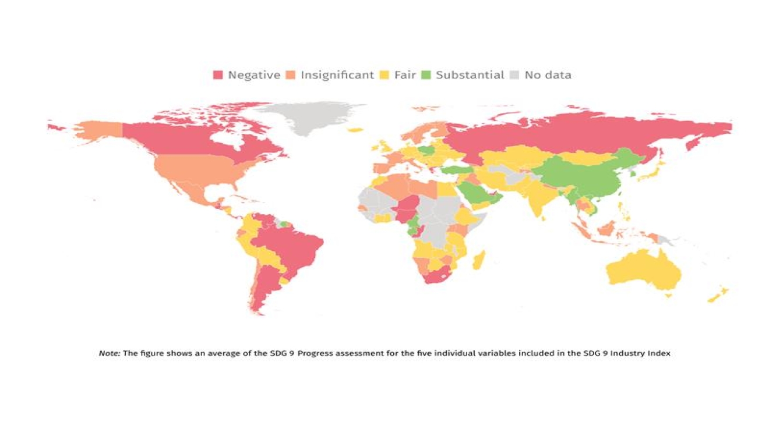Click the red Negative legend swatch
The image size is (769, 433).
pyautogui.click(x=218, y=75)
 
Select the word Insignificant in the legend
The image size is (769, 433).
pyautogui.click(x=337, y=75)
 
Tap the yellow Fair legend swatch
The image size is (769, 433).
pyautogui.click(x=385, y=75)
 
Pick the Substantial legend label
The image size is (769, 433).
pyautogui.click(x=470, y=75)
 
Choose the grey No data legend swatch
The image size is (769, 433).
pyautogui.click(x=514, y=75)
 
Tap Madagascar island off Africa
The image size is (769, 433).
pyautogui.click(x=478, y=260)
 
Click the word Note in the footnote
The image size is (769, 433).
pyautogui.click(x=109, y=353)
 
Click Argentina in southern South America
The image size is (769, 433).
pyautogui.click(x=265, y=285)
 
